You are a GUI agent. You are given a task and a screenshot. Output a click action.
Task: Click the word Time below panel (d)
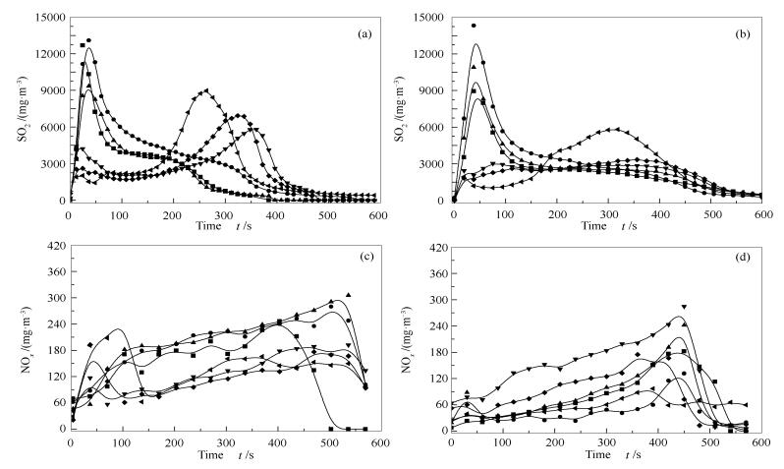point(590,454)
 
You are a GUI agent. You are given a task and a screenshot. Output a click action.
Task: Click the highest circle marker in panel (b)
point(474,26)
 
